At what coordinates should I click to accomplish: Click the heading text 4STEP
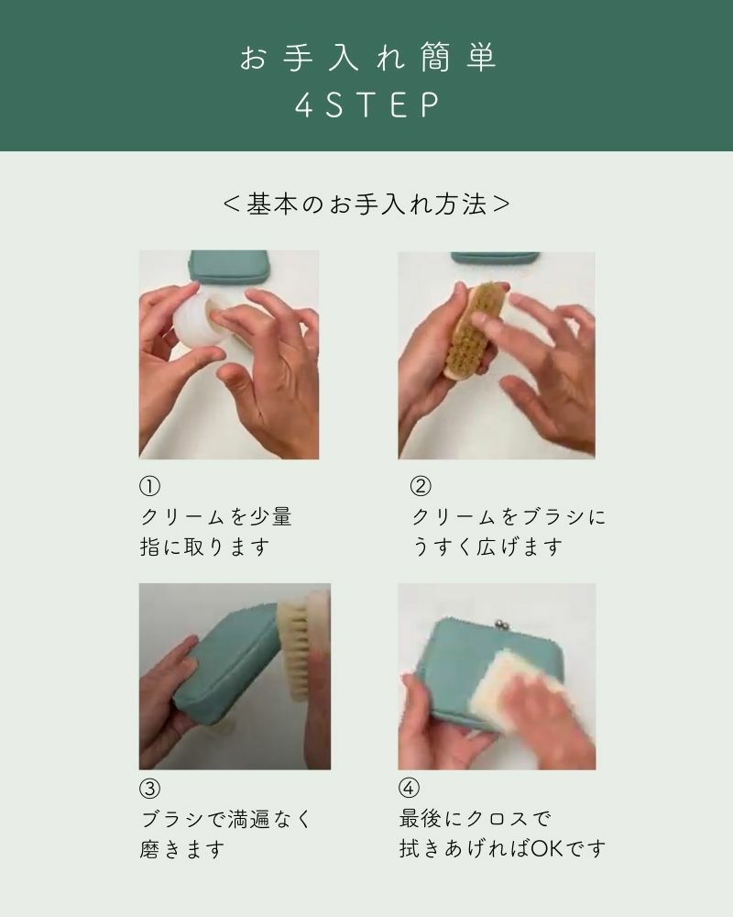pyautogui.click(x=367, y=105)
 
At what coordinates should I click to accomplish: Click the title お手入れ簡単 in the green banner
pyautogui.click(x=367, y=58)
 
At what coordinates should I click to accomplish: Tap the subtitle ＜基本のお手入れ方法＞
pyautogui.click(x=366, y=204)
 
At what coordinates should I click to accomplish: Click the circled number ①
pyautogui.click(x=149, y=486)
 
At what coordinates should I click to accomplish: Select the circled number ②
pyautogui.click(x=421, y=486)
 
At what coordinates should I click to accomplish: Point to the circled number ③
pyautogui.click(x=149, y=789)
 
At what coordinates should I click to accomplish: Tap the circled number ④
pyautogui.click(x=409, y=788)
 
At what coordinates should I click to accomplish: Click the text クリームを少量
pyautogui.click(x=216, y=517)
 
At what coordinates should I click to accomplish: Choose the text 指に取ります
pyautogui.click(x=204, y=547)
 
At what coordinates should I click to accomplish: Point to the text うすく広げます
pyautogui.click(x=487, y=547)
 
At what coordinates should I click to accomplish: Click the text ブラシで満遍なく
pyautogui.click(x=225, y=819)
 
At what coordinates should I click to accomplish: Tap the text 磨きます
pyautogui.click(x=182, y=849)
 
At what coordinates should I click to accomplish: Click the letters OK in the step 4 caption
pyautogui.click(x=548, y=848)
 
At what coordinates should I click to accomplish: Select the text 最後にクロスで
pyautogui.click(x=475, y=819)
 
